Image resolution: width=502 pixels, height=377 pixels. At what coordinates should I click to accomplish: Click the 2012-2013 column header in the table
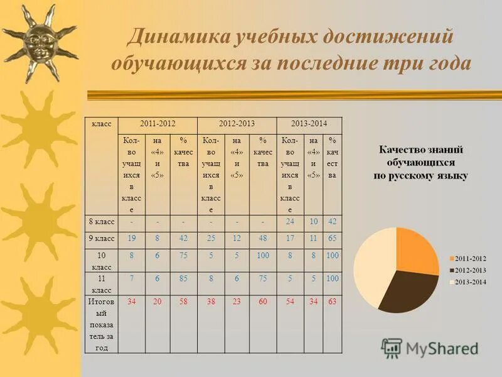(x=237, y=125)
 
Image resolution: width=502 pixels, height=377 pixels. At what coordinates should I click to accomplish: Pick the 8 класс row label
(x=101, y=221)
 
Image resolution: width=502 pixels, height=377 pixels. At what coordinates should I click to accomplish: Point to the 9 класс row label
(x=101, y=239)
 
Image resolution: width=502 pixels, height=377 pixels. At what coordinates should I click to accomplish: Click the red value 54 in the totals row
(x=289, y=302)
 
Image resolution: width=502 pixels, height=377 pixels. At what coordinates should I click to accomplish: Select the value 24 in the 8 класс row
(x=289, y=221)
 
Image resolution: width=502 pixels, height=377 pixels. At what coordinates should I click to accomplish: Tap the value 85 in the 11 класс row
(x=183, y=278)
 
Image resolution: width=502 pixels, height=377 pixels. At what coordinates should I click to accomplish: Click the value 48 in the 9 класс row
(x=263, y=239)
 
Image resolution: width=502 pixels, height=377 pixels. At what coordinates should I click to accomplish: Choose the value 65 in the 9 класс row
(x=332, y=239)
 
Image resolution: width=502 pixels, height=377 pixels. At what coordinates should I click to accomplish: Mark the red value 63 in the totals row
(x=332, y=302)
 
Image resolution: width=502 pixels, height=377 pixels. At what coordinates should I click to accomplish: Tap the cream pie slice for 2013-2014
(x=374, y=267)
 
